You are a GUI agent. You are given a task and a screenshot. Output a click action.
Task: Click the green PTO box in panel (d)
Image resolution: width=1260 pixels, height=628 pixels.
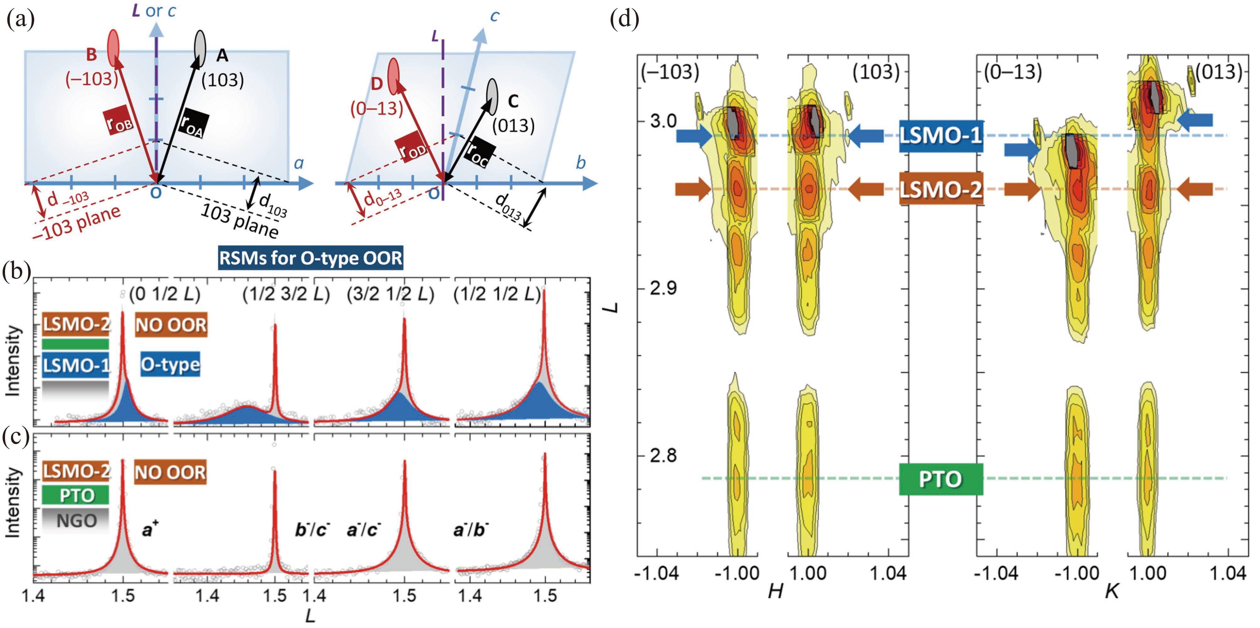click(941, 479)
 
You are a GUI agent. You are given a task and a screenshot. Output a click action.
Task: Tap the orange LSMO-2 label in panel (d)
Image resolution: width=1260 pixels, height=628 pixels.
click(941, 189)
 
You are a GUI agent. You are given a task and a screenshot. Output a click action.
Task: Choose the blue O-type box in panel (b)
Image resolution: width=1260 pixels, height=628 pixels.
click(170, 365)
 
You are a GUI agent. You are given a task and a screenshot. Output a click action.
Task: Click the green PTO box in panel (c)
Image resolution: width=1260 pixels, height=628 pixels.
click(76, 495)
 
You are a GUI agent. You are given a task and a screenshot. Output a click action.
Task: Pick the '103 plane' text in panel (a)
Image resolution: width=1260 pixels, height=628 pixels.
click(240, 222)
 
